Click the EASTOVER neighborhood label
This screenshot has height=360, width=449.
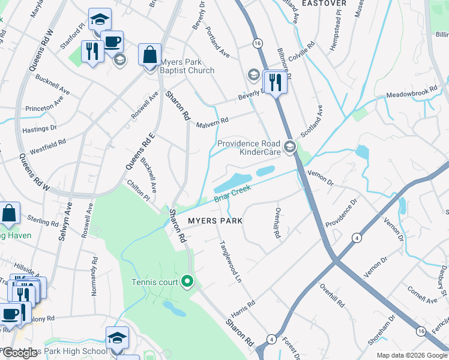(x=324, y=4)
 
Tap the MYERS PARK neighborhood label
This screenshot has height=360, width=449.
(x=215, y=221)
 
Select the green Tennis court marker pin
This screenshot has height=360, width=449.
(x=187, y=280)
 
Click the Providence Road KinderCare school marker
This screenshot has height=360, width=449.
(x=291, y=147)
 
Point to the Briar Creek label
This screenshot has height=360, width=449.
(x=232, y=196)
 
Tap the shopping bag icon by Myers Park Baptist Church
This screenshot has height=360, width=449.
(x=149, y=56)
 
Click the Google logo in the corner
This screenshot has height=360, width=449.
(x=20, y=353)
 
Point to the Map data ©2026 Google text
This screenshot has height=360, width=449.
(x=412, y=355)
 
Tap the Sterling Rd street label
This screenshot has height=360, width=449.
(x=44, y=222)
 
